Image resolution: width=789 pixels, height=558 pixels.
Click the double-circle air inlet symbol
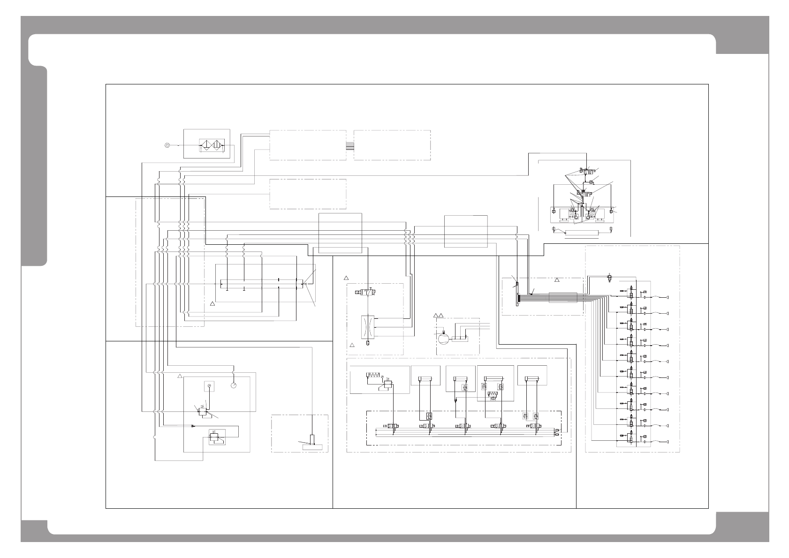(167, 145)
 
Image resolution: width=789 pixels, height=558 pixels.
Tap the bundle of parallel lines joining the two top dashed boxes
(350, 145)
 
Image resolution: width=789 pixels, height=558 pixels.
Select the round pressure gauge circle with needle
(233, 385)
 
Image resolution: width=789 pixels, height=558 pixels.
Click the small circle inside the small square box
(209, 386)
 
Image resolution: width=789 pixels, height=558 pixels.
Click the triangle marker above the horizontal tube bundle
(557, 280)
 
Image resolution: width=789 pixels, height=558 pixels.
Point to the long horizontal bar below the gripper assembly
(582, 233)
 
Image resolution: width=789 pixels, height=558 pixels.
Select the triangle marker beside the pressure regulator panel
(179, 376)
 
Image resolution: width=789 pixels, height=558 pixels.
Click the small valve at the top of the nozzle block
(610, 279)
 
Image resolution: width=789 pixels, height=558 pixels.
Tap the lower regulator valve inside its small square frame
(217, 437)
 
